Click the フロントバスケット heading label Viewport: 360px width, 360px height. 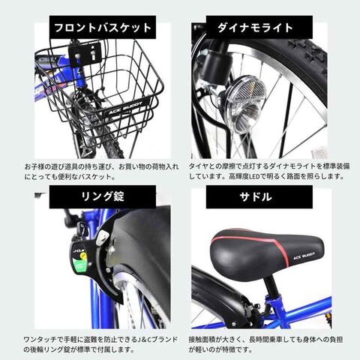[103, 27]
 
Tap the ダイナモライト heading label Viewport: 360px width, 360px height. [259, 27]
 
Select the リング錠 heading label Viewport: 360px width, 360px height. [103, 196]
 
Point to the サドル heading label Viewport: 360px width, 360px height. [259, 196]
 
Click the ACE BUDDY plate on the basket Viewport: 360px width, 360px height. [126, 108]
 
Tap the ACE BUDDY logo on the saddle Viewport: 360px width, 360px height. [304, 256]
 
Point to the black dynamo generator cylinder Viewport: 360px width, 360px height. [217, 66]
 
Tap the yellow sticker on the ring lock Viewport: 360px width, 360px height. [83, 256]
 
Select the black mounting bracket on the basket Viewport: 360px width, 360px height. [85, 53]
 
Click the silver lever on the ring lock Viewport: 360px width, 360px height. [103, 238]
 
